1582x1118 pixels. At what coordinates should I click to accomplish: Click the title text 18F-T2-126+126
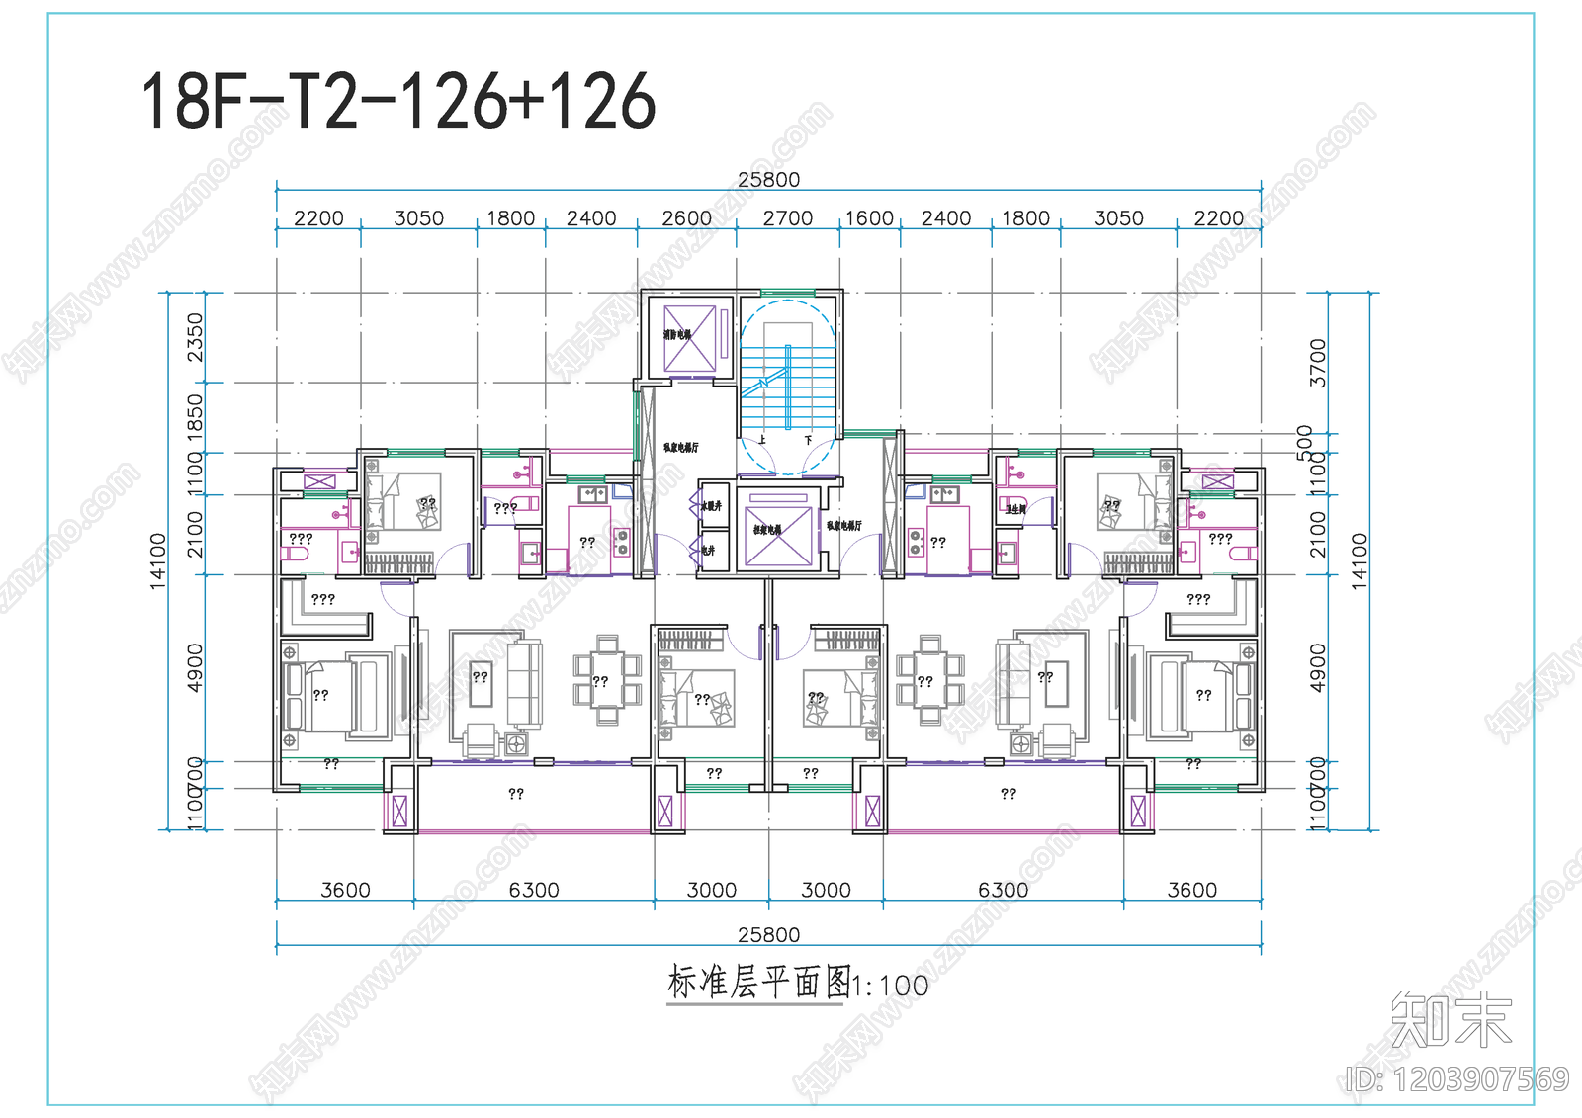tap(397, 101)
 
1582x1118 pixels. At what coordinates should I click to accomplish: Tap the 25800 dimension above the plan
tap(768, 179)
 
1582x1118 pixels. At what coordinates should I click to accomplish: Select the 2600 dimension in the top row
tap(686, 217)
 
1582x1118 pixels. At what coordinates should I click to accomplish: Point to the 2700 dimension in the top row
tap(787, 217)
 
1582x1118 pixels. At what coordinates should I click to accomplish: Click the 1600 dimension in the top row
tap(869, 217)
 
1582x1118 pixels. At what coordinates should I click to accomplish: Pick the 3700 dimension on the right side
tap(1317, 363)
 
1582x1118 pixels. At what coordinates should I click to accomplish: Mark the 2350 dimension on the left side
tap(195, 337)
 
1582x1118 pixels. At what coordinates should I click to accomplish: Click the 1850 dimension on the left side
tap(195, 416)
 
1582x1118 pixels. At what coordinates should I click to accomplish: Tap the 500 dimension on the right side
tap(1305, 442)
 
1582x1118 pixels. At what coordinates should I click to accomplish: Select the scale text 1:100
tap(891, 986)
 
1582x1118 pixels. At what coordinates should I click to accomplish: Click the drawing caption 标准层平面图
tap(758, 983)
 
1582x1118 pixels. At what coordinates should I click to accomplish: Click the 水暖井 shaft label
tap(712, 506)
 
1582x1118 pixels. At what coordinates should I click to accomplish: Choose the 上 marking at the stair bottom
tap(761, 440)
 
